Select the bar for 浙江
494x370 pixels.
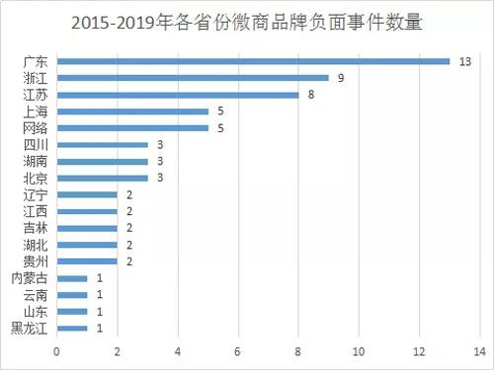[x=193, y=77]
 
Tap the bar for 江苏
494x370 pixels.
[x=178, y=95]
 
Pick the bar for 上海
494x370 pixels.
[x=132, y=111]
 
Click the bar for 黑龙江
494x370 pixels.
[x=72, y=329]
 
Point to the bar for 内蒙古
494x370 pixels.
[x=72, y=278]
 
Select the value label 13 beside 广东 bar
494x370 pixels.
[x=463, y=60]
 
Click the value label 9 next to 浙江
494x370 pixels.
[x=340, y=77]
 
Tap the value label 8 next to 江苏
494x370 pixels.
[x=310, y=95]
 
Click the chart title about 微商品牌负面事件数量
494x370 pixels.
[x=247, y=21]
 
